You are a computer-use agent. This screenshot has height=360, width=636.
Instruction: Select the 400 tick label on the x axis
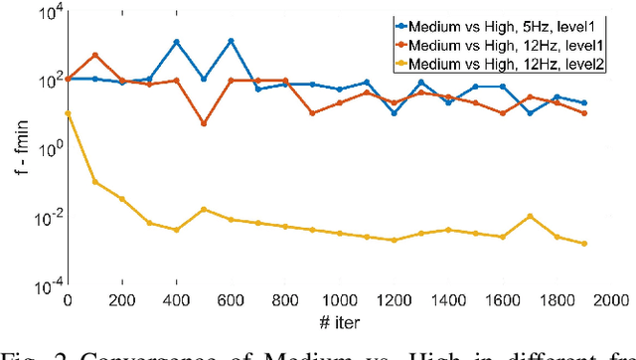176,301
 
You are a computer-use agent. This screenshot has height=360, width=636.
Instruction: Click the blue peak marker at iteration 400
176,42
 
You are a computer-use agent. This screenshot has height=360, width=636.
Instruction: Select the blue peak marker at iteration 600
231,41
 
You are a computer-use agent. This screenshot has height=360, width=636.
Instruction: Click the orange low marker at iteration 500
204,123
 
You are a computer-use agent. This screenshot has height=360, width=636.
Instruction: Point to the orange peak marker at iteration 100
94,55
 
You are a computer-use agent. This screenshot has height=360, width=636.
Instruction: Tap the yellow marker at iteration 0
68,113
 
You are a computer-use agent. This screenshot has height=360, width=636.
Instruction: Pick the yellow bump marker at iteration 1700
530,216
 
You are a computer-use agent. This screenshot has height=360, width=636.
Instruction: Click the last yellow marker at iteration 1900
584,244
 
